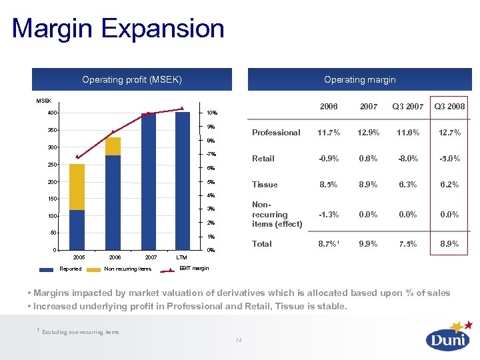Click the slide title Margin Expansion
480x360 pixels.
[118, 29]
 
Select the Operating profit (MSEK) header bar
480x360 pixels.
[132, 79]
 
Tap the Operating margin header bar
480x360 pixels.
[359, 79]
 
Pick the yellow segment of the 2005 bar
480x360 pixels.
[77, 187]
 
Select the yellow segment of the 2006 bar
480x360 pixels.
[113, 146]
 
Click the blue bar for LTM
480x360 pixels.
[182, 181]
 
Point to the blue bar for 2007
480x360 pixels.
[148, 181]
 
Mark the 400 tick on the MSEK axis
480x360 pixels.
[52, 113]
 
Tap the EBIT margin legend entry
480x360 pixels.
[194, 269]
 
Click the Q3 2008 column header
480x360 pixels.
[450, 107]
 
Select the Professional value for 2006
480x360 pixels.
[328, 133]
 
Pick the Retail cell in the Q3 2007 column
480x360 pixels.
[407, 159]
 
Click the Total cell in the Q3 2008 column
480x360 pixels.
[450, 244]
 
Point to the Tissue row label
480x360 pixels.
[265, 185]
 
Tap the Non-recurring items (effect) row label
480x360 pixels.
[276, 215]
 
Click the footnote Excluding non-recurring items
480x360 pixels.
[80, 331]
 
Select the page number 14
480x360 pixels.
[239, 341]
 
